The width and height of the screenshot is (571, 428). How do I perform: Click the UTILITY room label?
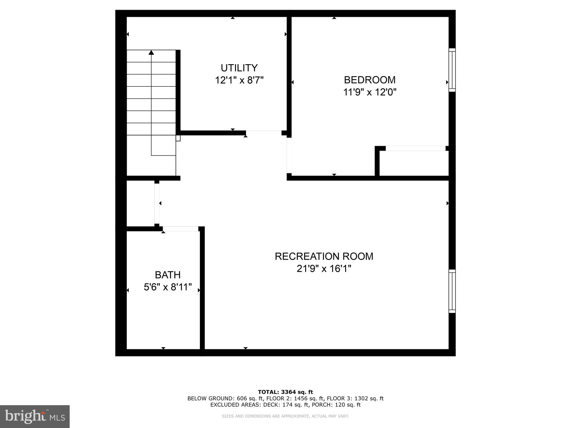(x=239, y=68)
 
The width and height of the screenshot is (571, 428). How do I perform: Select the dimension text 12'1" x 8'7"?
(x=239, y=80)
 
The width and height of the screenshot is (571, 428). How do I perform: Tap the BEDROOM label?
(x=369, y=80)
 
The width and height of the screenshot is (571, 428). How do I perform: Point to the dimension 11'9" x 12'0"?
(x=369, y=92)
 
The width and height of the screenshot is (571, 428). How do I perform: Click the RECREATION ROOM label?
(x=324, y=256)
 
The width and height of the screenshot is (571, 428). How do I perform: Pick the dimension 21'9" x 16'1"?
(x=324, y=268)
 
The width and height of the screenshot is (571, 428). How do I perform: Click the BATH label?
(x=168, y=275)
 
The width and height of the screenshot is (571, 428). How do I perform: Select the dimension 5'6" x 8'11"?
(x=168, y=287)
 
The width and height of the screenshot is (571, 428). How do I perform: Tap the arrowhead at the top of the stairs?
(x=151, y=52)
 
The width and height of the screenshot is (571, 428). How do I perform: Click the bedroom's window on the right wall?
(x=452, y=70)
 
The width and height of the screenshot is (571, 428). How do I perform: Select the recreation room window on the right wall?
(x=452, y=291)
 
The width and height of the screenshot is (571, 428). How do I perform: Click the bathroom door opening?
(x=180, y=229)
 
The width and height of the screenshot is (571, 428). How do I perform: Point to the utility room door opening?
(x=264, y=133)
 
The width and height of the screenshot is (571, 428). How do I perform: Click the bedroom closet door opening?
(x=415, y=148)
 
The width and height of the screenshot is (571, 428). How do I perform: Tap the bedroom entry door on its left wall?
(x=289, y=155)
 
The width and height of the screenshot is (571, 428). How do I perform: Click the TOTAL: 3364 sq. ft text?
(x=285, y=392)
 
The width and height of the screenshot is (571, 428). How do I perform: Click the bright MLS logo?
(x=35, y=417)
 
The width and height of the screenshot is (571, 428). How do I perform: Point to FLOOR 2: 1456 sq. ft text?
(x=297, y=398)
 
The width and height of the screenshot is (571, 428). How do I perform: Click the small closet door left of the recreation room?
(x=157, y=203)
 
